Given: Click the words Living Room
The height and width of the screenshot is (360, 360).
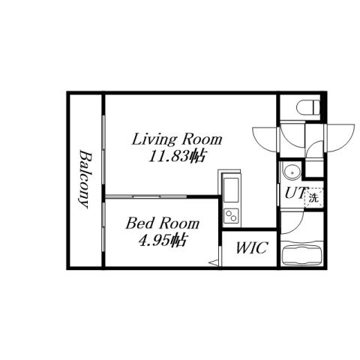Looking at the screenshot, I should (x=178, y=139).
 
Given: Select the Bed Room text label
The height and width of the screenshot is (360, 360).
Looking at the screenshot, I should (x=162, y=223).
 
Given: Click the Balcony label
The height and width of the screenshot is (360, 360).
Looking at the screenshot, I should (x=85, y=178).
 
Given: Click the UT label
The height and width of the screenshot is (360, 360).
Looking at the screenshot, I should (x=293, y=193).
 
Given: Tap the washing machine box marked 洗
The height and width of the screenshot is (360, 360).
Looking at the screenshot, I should (x=313, y=198).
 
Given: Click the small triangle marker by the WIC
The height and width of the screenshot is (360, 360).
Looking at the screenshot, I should (x=212, y=261).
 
